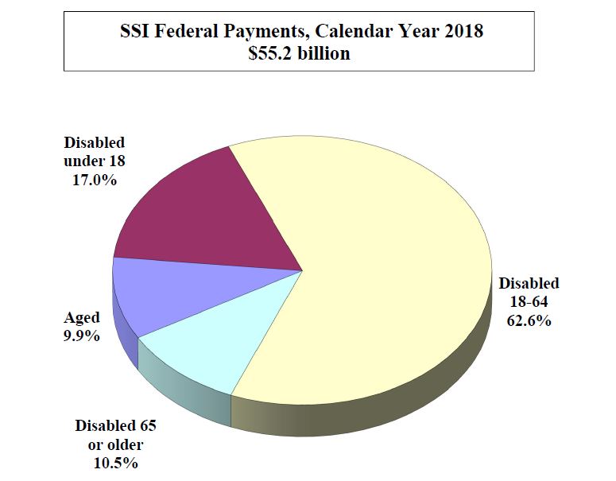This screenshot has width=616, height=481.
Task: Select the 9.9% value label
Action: coord(81,336)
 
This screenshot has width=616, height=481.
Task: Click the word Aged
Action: coord(81,318)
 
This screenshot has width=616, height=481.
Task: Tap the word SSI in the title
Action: coord(134,34)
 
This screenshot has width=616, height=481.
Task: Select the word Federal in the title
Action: coord(186,34)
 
